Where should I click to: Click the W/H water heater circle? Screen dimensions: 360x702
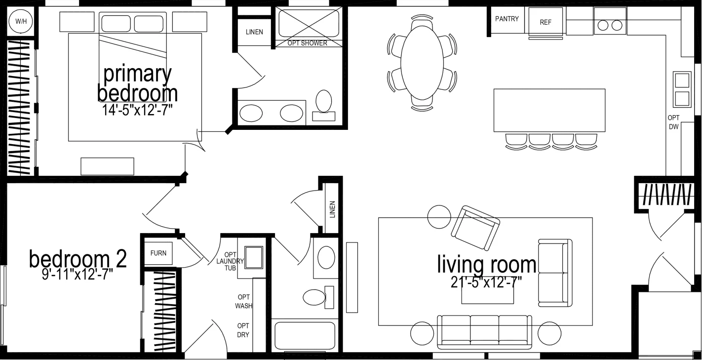click(20, 21)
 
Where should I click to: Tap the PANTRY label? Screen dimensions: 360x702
click(507, 19)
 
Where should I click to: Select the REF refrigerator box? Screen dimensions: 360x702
click(546, 22)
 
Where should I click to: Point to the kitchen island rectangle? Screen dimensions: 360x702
click(549, 110)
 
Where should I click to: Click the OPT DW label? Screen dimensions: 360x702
click(673, 122)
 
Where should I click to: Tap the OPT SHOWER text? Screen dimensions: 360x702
click(307, 43)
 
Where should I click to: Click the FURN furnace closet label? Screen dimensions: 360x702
click(158, 253)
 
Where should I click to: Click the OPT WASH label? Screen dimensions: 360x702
click(244, 301)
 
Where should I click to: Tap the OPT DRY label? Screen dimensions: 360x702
click(243, 330)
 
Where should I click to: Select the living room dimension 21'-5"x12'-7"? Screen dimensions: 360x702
click(486, 282)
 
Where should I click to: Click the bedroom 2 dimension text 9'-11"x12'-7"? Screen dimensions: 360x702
click(78, 275)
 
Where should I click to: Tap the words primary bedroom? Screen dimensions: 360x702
click(137, 83)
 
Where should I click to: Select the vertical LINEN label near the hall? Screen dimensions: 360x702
click(332, 209)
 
